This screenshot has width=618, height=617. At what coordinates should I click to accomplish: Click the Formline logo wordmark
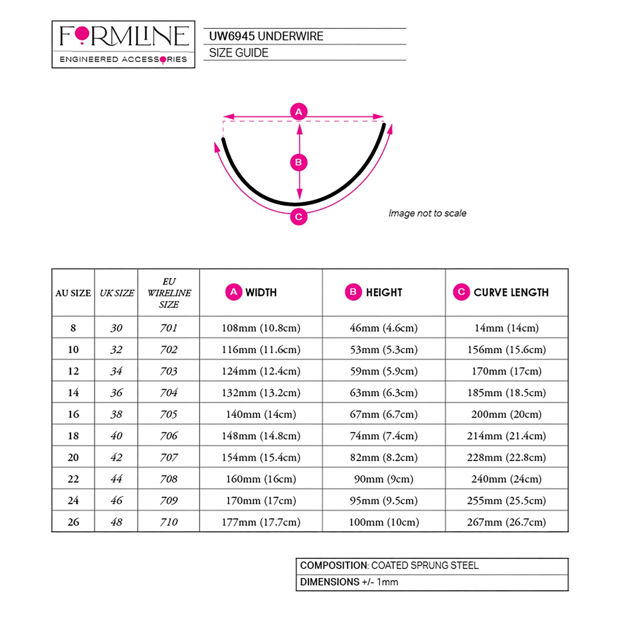click(124, 36)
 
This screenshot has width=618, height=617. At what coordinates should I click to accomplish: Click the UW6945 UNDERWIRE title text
click(266, 36)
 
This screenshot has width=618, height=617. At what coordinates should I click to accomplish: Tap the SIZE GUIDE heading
click(239, 53)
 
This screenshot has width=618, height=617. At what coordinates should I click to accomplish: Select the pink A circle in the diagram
click(299, 112)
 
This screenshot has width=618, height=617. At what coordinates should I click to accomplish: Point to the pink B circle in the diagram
click(299, 162)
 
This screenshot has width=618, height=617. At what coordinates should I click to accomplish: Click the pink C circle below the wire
click(299, 217)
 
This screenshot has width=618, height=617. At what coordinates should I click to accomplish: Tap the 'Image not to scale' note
click(427, 213)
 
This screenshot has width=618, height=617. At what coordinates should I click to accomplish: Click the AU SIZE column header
click(73, 293)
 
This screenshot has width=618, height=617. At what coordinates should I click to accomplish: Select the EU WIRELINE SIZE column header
click(169, 293)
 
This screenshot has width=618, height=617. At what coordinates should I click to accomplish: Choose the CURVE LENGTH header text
click(511, 292)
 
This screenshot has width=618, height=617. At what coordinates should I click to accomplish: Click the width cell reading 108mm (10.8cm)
click(261, 328)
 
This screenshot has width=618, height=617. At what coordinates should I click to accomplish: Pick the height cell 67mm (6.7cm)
click(384, 414)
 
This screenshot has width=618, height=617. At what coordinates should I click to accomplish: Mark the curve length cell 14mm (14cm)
click(506, 328)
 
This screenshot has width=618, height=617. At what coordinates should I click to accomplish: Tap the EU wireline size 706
click(169, 435)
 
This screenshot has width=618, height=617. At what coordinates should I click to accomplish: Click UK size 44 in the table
click(116, 479)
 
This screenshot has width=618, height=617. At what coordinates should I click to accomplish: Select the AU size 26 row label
click(73, 522)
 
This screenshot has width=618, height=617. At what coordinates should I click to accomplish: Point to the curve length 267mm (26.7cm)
click(506, 522)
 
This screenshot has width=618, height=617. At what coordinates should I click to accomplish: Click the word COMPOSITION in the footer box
click(334, 565)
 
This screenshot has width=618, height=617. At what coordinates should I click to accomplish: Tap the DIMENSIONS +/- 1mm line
click(349, 582)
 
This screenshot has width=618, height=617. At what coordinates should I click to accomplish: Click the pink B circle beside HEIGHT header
click(353, 292)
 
